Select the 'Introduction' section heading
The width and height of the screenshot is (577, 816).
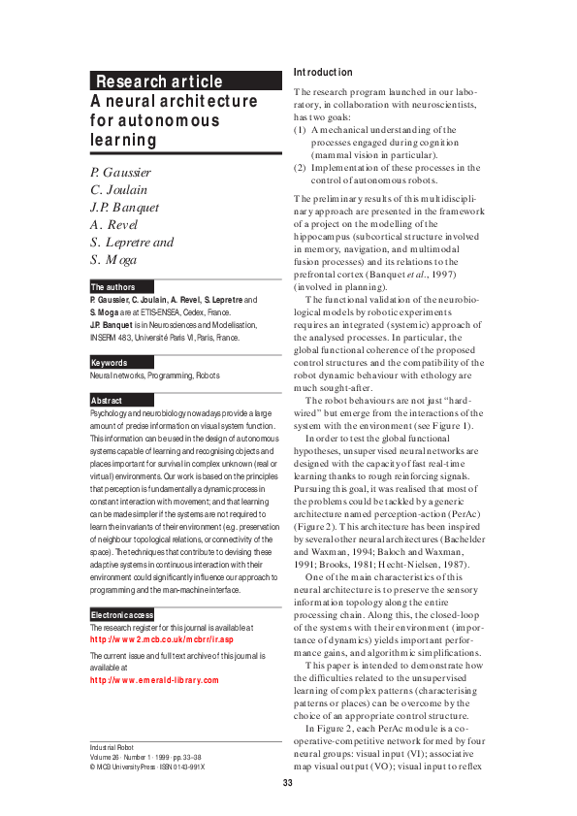click(323, 73)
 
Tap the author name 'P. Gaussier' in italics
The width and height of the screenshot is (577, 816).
click(120, 172)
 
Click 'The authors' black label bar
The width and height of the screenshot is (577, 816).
click(112, 287)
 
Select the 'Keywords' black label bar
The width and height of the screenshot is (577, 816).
click(109, 363)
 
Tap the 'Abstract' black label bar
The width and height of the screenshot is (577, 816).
click(107, 400)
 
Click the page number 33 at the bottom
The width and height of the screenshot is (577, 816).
click(288, 783)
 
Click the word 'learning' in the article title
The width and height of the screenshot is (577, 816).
click(123, 139)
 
